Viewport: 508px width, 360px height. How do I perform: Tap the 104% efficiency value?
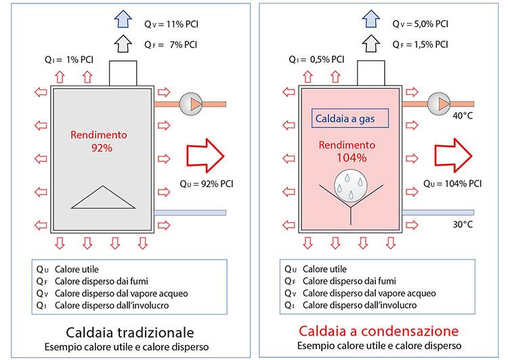coord(351,158)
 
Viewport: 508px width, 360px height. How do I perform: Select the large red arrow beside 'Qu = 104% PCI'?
coord(453,155)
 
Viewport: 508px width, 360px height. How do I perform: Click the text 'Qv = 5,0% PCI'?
coord(420,24)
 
